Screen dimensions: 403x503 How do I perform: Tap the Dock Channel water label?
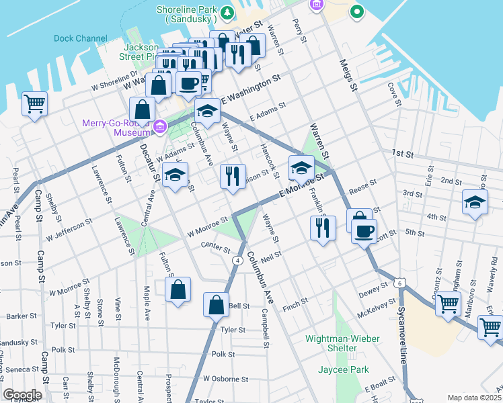pos(80,38)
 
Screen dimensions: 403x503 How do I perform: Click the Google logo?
pos(22,394)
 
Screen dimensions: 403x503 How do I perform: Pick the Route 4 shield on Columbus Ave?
pos(238,260)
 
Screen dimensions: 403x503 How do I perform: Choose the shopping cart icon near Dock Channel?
pos(34,104)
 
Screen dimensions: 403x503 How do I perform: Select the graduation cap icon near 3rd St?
pos(475,201)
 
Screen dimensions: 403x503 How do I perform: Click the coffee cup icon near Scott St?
pos(364,232)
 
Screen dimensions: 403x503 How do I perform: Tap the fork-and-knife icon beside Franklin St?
pos(323,228)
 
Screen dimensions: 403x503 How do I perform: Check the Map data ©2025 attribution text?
pos(473,397)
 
